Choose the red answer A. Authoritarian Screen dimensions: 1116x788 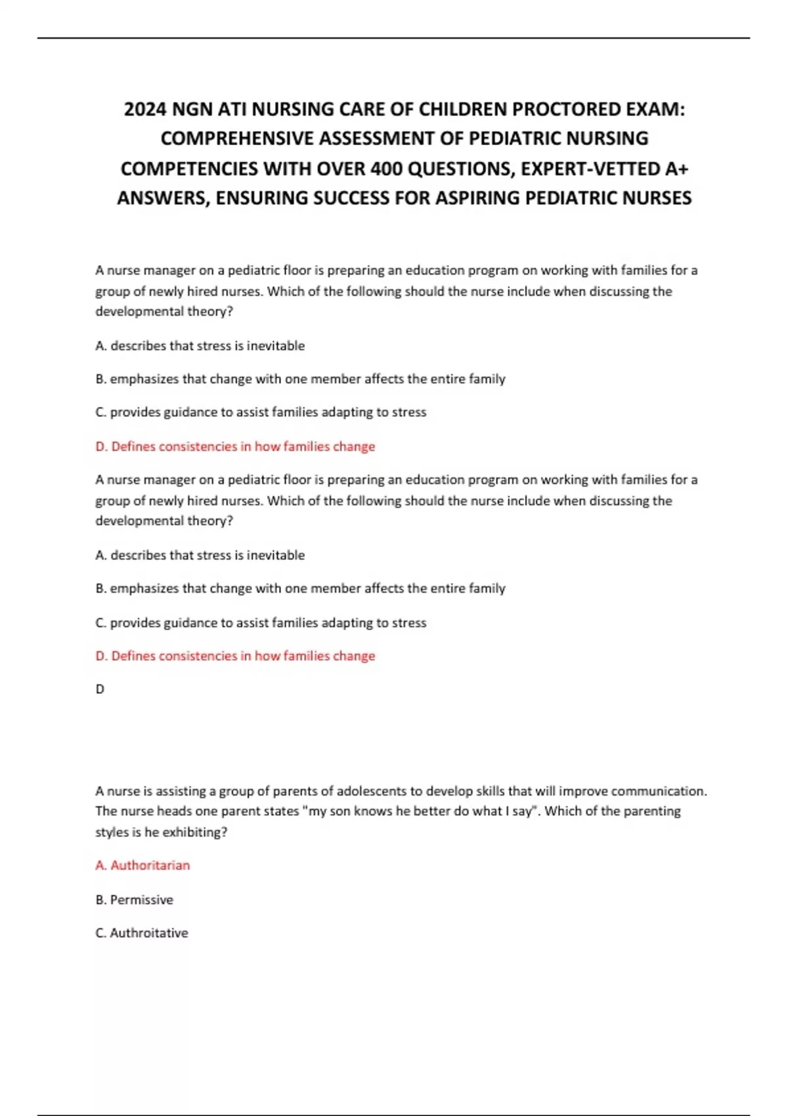tap(142, 865)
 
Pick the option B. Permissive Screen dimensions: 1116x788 tap(134, 899)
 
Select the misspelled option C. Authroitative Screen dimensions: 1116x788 tap(142, 933)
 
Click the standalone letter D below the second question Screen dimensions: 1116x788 tap(100, 689)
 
